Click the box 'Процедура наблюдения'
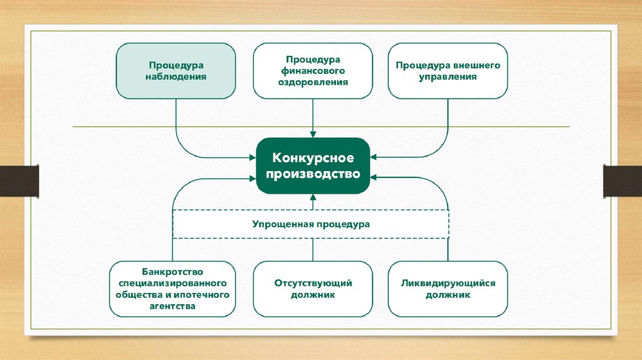pyautogui.click(x=177, y=71)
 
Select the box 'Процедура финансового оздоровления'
pyautogui.click(x=312, y=71)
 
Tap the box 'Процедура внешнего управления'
pyautogui.click(x=448, y=71)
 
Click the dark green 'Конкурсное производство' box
pyautogui.click(x=312, y=166)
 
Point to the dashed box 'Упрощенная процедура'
pyautogui.click(x=311, y=224)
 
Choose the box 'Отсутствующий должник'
pyautogui.click(x=312, y=289)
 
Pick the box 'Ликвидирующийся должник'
pyautogui.click(x=448, y=289)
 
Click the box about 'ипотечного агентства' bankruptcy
pyautogui.click(x=172, y=289)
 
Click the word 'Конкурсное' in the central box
pyautogui.click(x=312, y=157)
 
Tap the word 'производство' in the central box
pyautogui.click(x=312, y=174)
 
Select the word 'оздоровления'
pyautogui.click(x=312, y=82)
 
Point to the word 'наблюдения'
pyautogui.click(x=177, y=77)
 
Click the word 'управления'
pyautogui.click(x=448, y=77)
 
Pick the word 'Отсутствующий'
pyautogui.click(x=312, y=283)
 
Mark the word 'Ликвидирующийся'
pyautogui.click(x=448, y=283)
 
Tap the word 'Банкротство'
pyautogui.click(x=172, y=272)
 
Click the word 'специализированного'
pyautogui.click(x=172, y=283)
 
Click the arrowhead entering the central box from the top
pyautogui.click(x=312, y=134)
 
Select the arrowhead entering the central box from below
pyautogui.click(x=312, y=198)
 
